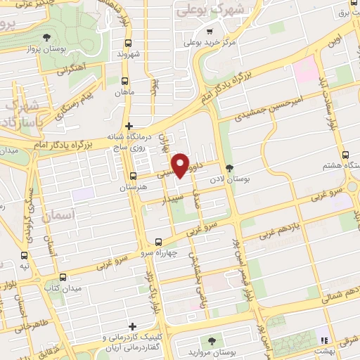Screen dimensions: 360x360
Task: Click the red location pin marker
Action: point(181,165)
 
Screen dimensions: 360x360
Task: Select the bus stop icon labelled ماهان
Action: point(125,81)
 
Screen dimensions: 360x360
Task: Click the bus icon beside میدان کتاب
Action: point(63,277)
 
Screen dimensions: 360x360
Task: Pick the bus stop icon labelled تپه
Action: point(25,255)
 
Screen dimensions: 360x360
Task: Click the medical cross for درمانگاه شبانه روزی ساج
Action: point(129,126)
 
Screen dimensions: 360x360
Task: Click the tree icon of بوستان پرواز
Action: point(46,37)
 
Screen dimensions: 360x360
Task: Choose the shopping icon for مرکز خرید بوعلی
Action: point(209,32)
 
